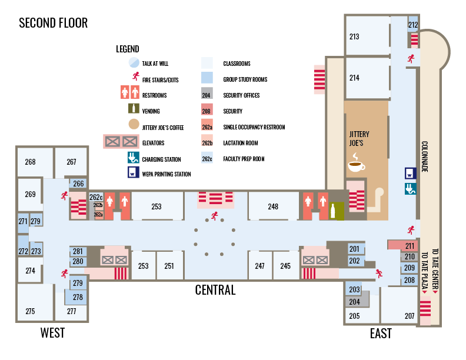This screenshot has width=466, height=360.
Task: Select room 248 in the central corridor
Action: (x=273, y=206)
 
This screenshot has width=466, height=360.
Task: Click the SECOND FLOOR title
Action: (x=54, y=23)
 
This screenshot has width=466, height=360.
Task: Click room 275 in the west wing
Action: (x=30, y=311)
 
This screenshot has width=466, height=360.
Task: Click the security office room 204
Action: (x=354, y=302)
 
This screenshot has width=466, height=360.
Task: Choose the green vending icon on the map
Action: (x=335, y=210)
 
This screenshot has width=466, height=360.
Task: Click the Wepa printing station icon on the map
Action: (x=411, y=174)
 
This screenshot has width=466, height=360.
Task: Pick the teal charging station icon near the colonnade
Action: (x=411, y=188)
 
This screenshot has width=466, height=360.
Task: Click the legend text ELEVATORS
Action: (x=153, y=143)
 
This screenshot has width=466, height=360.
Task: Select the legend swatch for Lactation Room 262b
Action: (x=207, y=143)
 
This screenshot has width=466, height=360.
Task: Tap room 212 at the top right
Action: (x=413, y=25)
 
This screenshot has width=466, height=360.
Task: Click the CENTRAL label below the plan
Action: (x=215, y=290)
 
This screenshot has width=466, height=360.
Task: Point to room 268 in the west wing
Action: (x=30, y=162)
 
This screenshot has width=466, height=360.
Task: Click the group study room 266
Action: (x=79, y=184)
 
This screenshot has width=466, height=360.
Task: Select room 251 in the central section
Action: (x=169, y=266)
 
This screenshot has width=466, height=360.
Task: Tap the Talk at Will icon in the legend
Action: (x=134, y=63)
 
